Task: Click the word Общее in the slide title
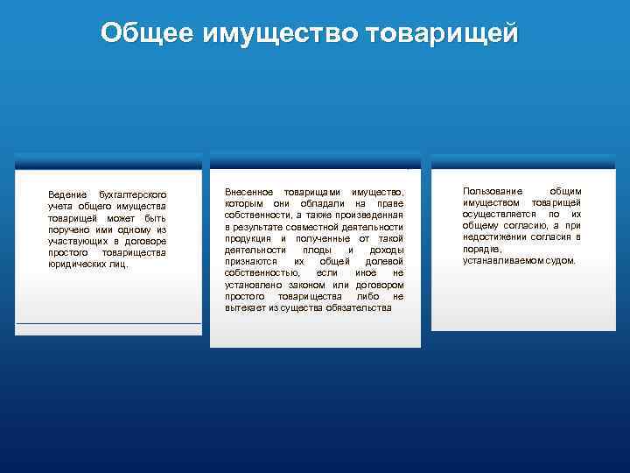[x=148, y=33]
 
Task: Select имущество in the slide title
[x=282, y=33]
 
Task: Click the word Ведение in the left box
[x=66, y=194]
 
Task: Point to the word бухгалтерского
[x=133, y=194]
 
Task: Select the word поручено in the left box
[x=70, y=229]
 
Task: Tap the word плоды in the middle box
[x=317, y=250]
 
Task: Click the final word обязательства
[x=360, y=308]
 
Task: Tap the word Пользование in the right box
[x=493, y=191]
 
